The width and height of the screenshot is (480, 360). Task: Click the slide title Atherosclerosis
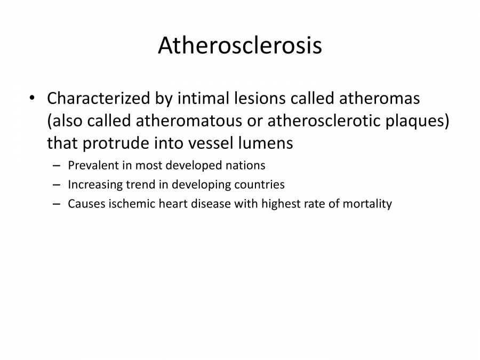click(x=239, y=46)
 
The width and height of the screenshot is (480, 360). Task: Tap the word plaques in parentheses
click(x=418, y=122)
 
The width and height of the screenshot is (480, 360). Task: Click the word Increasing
click(x=94, y=185)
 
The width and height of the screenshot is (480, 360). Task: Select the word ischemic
click(x=124, y=204)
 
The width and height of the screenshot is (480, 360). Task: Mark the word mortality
click(x=367, y=204)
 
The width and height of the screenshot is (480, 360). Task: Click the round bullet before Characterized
click(x=33, y=99)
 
